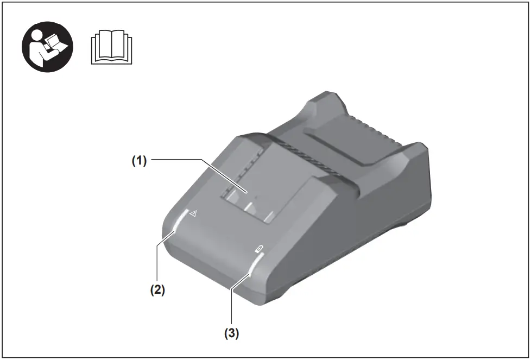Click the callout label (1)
pyautogui.click(x=140, y=161)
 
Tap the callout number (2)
pyautogui.click(x=157, y=289)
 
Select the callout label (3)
pyautogui.click(x=232, y=332)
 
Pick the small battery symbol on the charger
pyautogui.click(x=260, y=249)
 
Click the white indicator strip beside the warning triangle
pyautogui.click(x=179, y=222)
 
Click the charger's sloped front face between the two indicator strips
pyautogui.click(x=217, y=244)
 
